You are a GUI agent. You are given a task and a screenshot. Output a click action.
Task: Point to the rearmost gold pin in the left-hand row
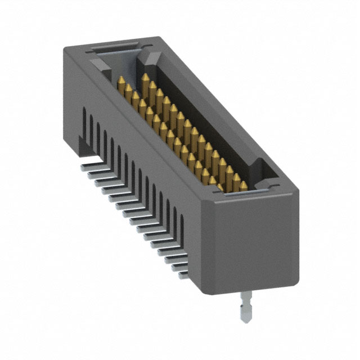point(120,84)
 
